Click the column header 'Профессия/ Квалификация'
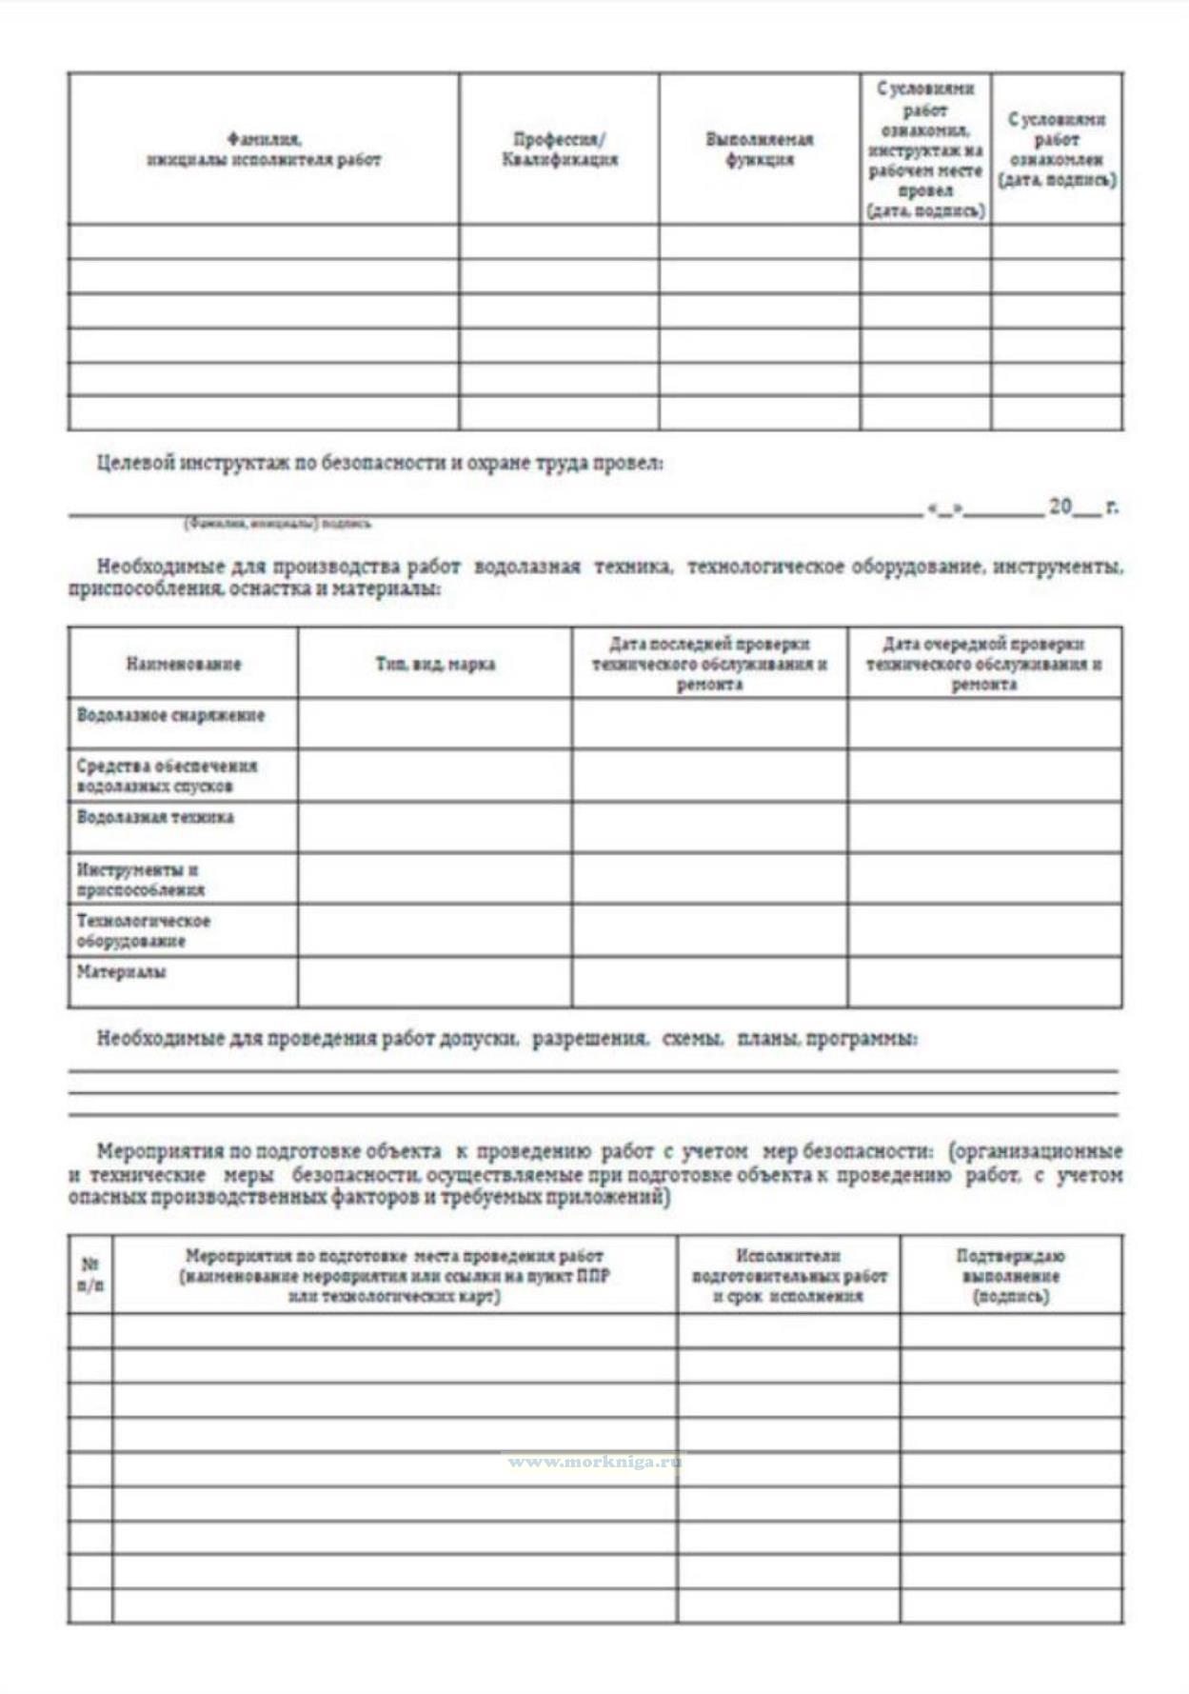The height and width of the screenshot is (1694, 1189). (559, 149)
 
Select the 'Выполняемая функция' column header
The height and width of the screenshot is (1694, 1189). (759, 149)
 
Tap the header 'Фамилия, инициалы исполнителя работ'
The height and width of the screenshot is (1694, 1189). (264, 149)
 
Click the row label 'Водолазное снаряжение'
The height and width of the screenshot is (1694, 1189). (170, 715)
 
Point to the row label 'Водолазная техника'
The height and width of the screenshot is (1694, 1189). (155, 817)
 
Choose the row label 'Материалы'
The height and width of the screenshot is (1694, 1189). (121, 972)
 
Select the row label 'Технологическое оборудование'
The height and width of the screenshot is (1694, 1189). (143, 931)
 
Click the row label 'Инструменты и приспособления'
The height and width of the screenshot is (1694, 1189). (140, 880)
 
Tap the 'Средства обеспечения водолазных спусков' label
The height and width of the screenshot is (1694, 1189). (167, 776)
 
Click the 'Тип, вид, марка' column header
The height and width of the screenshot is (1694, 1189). (435, 664)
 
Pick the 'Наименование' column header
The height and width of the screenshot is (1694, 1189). (183, 664)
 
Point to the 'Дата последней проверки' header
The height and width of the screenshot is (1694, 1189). (709, 645)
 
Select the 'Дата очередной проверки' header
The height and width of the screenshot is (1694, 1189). (983, 645)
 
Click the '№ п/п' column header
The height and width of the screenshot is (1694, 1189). (90, 1275)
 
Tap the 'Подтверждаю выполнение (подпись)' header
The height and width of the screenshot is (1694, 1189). (1011, 1276)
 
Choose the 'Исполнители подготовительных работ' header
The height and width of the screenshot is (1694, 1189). (788, 1276)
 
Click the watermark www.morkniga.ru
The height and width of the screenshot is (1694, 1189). (594, 1462)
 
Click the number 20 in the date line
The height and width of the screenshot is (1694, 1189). (1060, 507)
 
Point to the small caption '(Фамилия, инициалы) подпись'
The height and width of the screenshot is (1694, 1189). (277, 523)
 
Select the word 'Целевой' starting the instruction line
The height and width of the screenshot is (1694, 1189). (135, 463)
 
